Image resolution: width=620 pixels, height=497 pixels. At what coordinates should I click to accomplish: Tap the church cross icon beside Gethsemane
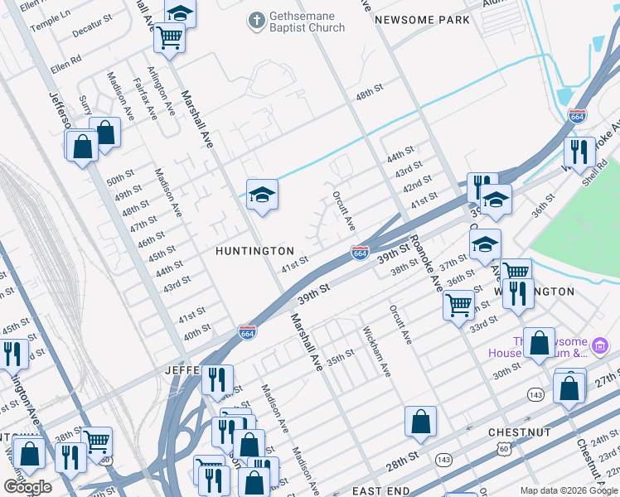pos(258,18)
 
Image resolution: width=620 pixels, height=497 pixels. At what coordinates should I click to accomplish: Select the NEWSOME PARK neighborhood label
pos(421,20)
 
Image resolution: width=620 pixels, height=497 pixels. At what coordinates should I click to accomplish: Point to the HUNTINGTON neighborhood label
pos(254,250)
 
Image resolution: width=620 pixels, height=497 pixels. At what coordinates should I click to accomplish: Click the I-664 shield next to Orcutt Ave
pos(360,252)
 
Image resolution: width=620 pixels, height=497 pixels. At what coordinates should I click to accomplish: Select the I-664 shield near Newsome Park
pos(578,116)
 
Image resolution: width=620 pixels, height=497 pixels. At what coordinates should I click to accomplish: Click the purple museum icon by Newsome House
pos(601,344)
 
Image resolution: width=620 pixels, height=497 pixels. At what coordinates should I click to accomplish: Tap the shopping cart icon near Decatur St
pos(169,36)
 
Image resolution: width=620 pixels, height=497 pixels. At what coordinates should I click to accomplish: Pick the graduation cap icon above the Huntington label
pos(262,195)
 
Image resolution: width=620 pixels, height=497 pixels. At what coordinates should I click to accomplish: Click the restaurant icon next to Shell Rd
pos(579,151)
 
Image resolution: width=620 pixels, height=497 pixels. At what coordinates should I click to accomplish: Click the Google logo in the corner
pos(27,487)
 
